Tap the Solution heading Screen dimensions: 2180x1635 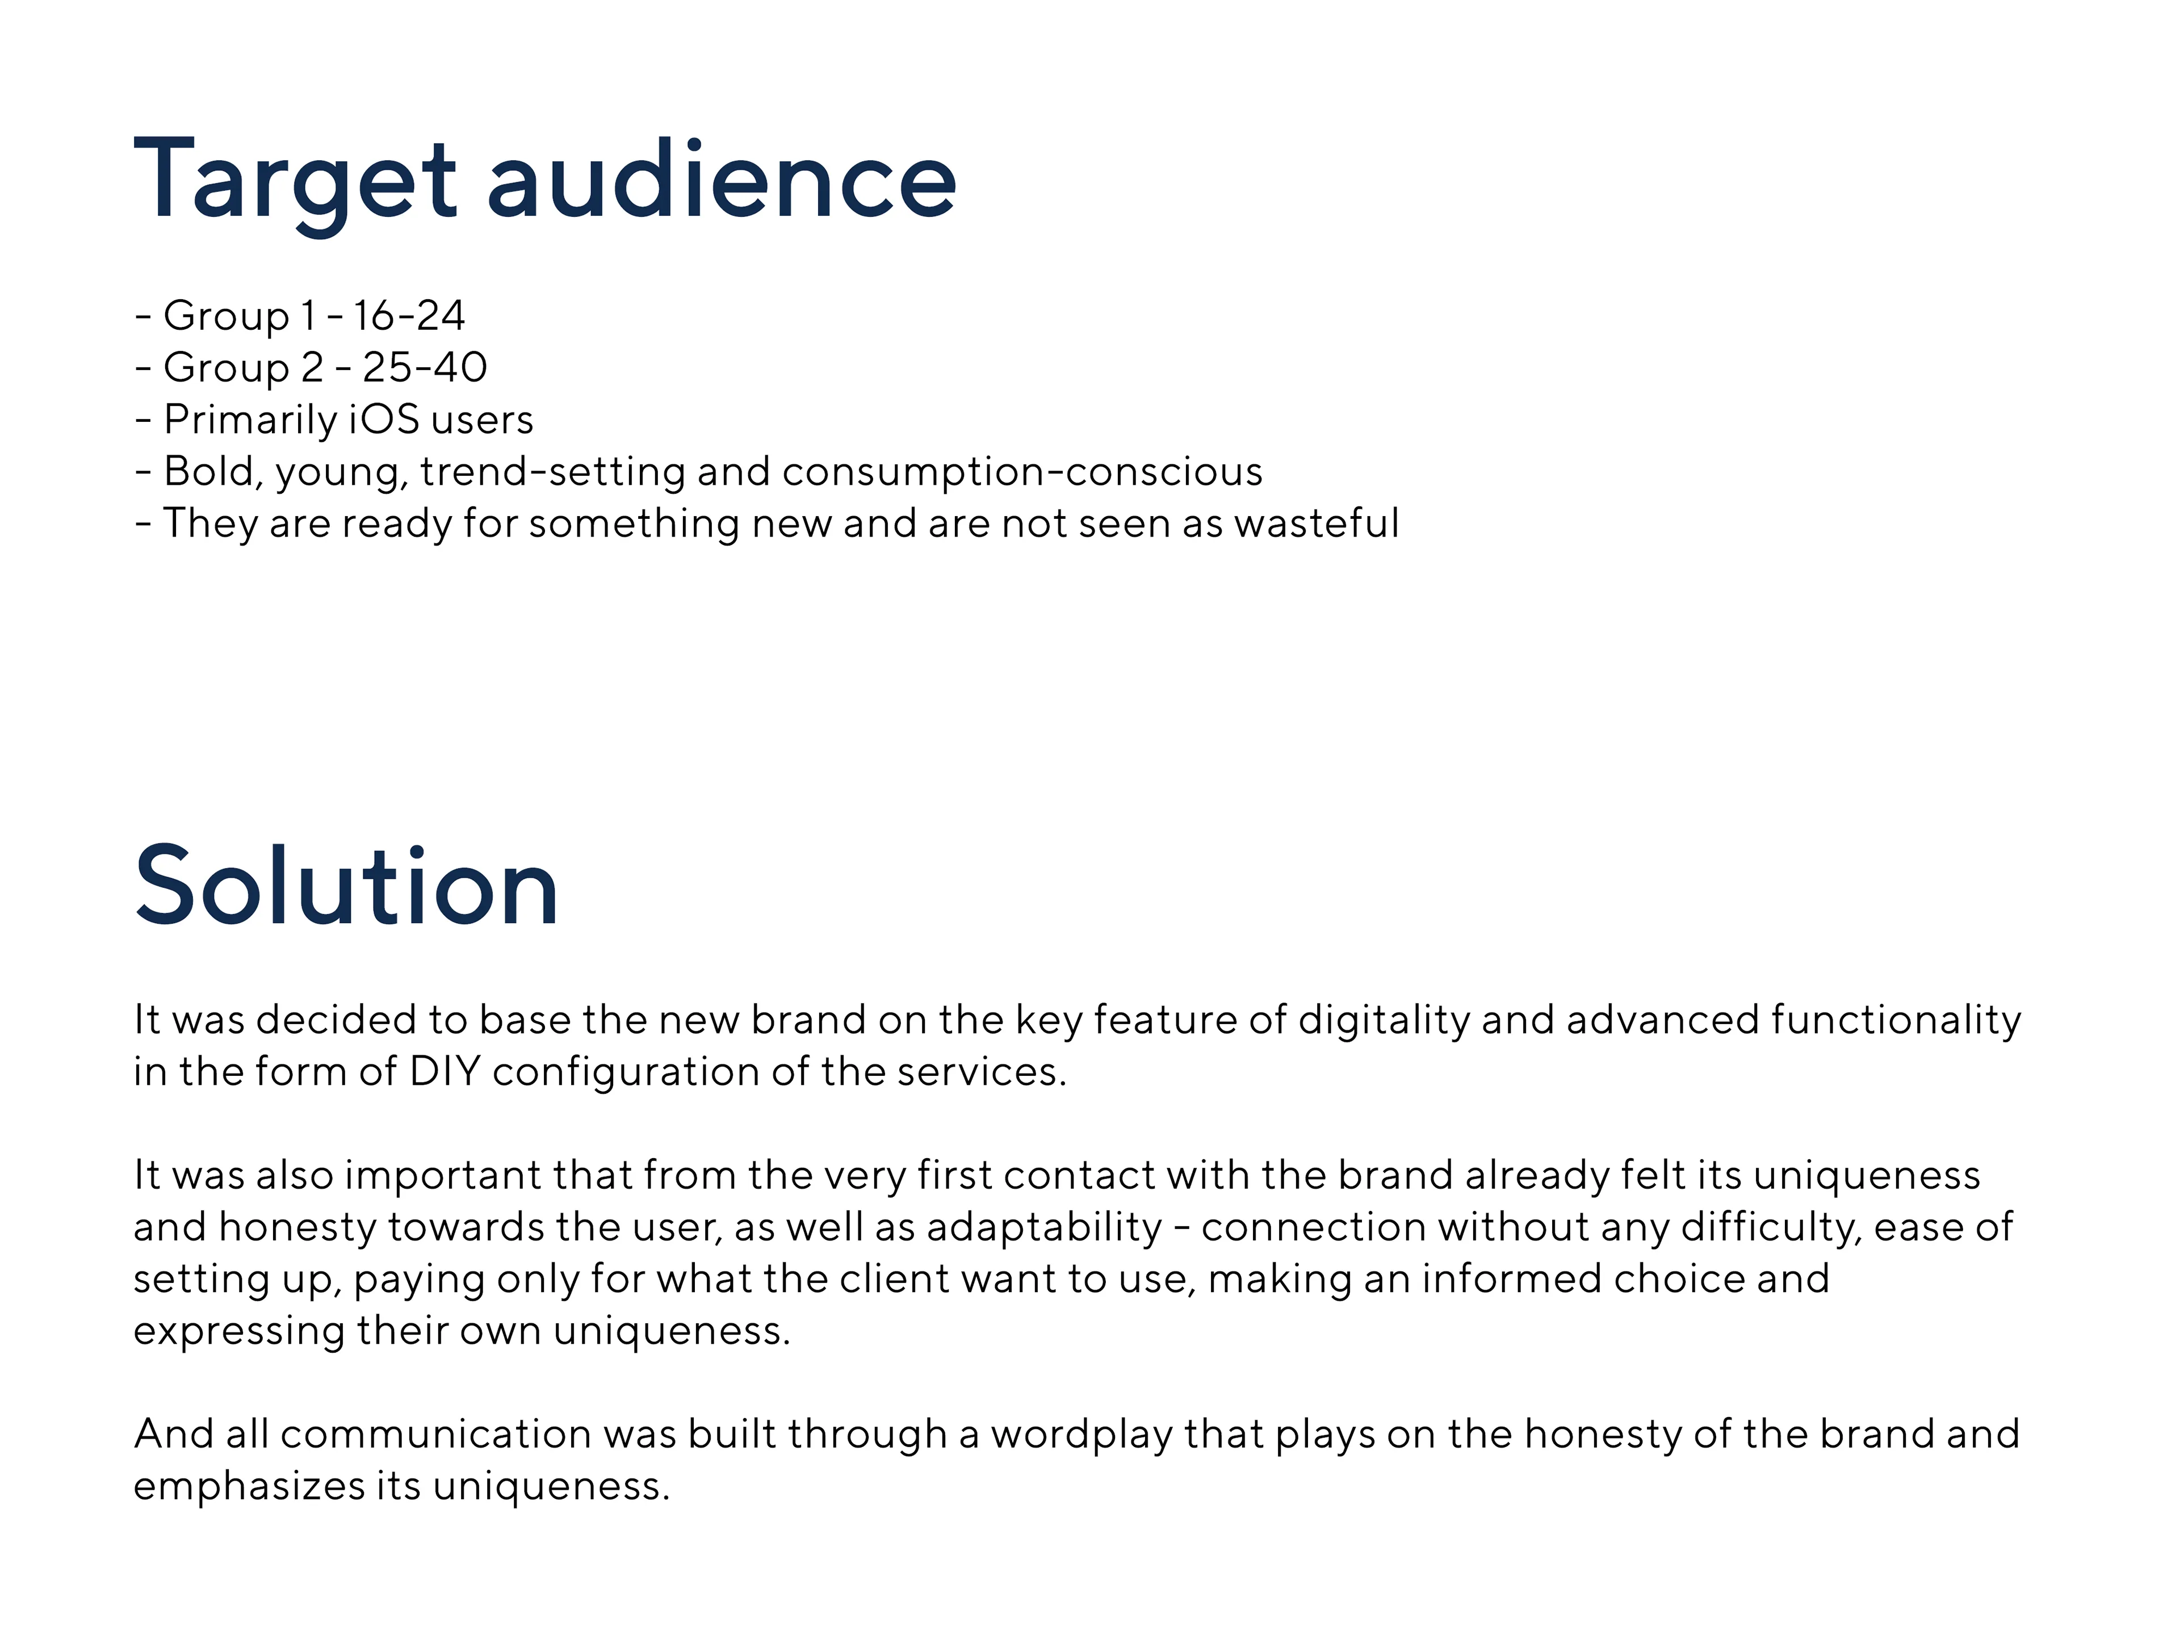[x=347, y=886]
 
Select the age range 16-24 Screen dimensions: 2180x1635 [x=409, y=316]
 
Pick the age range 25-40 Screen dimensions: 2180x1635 [x=425, y=368]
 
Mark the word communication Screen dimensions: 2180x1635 [x=435, y=1434]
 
